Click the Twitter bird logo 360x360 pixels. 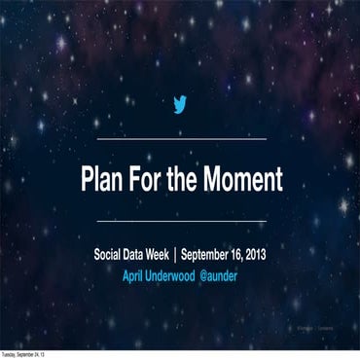(x=179, y=105)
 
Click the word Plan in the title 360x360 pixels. (x=105, y=180)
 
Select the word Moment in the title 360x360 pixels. (x=245, y=180)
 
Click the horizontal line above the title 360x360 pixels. (x=180, y=139)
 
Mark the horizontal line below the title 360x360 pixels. (x=180, y=223)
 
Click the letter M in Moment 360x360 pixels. (x=220, y=180)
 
